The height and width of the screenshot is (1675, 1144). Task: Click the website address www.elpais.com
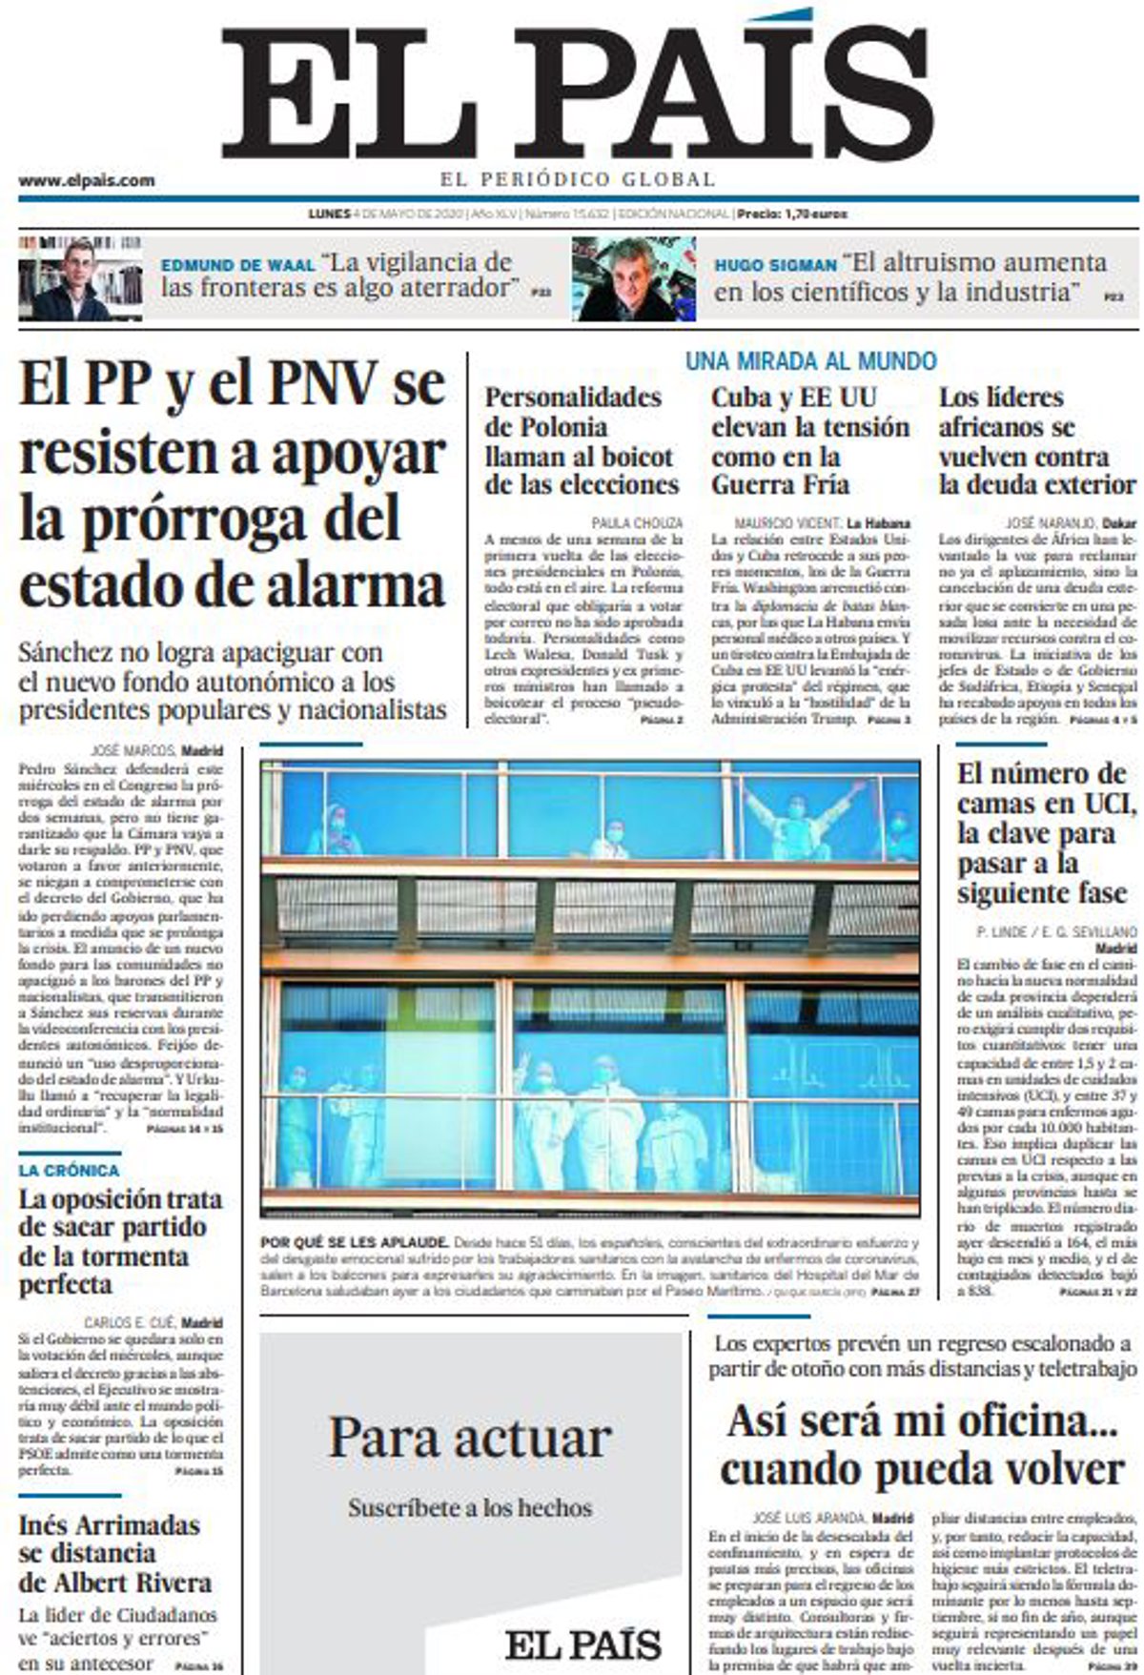(86, 180)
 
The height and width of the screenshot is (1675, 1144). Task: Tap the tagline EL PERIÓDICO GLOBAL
(578, 179)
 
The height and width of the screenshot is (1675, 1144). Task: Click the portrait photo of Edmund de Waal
(80, 278)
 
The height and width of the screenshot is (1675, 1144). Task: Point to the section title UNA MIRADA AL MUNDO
(810, 361)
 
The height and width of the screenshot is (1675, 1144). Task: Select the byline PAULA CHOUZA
(637, 522)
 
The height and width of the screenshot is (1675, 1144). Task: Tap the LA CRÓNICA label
(70, 1170)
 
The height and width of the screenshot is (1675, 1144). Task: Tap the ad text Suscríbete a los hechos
(470, 1508)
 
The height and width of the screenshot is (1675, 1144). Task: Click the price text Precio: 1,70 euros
(792, 214)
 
